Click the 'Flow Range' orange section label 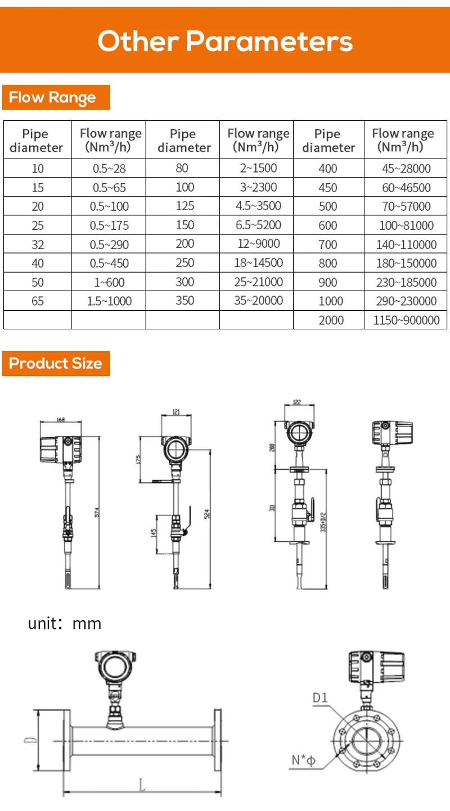point(52,98)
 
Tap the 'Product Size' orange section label point(55,364)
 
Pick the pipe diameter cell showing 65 point(37,301)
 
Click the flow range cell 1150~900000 point(406,320)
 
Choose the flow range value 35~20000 point(258,301)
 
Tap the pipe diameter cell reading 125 point(184,206)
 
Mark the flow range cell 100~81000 point(406,226)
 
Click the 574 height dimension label point(96,512)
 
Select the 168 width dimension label point(61,419)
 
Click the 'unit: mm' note point(65,623)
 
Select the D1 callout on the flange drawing point(320,698)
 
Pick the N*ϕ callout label point(303,761)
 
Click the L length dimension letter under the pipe point(142,785)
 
